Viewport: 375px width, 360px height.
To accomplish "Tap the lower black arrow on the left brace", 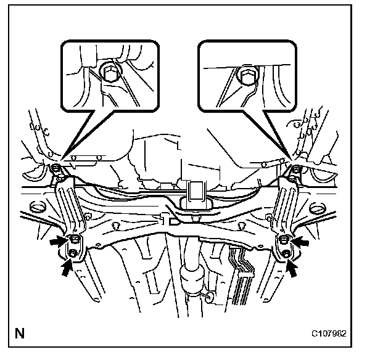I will (x=64, y=267).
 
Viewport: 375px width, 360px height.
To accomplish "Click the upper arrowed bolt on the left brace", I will (x=75, y=240).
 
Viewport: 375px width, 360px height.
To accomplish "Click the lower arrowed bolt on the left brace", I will (x=75, y=253).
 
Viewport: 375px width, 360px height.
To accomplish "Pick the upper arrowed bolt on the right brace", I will (x=285, y=240).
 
